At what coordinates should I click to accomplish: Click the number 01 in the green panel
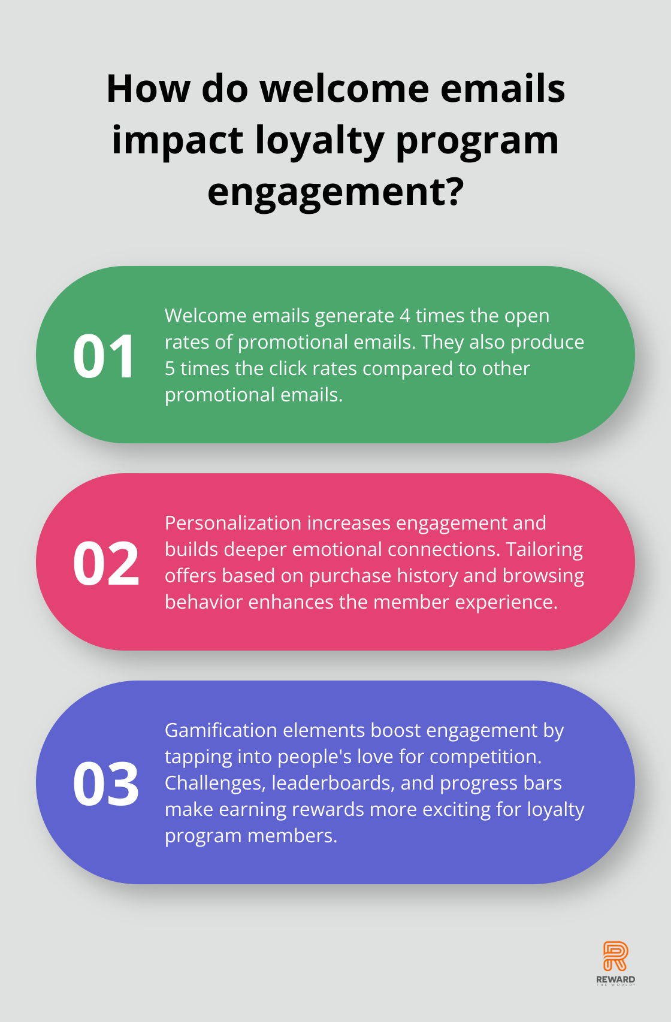coord(104,356)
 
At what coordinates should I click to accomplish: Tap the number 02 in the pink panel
coord(106,563)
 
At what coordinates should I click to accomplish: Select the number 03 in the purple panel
coord(106,784)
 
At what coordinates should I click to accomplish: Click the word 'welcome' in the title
coord(344,89)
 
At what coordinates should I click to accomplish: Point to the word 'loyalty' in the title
coord(319,141)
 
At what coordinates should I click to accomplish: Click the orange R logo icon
coord(615,957)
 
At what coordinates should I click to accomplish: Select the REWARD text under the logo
coord(615,979)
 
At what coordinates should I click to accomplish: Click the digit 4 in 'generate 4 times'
coord(405,316)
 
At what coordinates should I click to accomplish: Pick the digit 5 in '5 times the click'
coord(170,368)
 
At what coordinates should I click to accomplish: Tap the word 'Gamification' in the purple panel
coord(221,730)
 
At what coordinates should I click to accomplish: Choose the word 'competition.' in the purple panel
coord(485,757)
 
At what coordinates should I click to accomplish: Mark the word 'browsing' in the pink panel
coord(543,576)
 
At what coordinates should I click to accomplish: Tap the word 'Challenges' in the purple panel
coord(215,784)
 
